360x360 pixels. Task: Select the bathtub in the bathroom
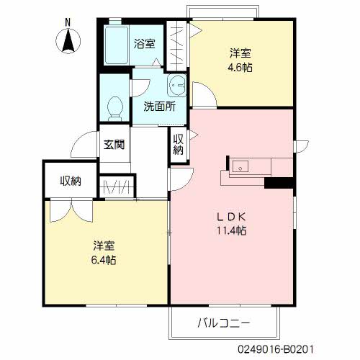click(x=115, y=46)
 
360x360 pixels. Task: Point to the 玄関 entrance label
click(x=114, y=144)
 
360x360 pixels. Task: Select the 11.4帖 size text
click(x=233, y=231)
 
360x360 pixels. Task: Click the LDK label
click(x=233, y=217)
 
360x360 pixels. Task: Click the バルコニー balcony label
click(x=223, y=322)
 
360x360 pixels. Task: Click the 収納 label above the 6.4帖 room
click(x=70, y=181)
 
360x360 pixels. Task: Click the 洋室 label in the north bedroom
click(x=241, y=54)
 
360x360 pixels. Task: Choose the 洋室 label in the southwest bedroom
click(x=105, y=244)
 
